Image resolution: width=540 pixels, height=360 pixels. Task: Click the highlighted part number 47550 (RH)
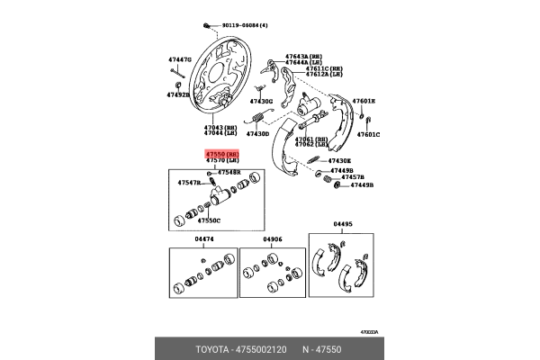[220, 154]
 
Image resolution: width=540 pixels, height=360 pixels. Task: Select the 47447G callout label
[180, 59]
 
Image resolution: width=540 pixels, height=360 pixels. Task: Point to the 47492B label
[178, 94]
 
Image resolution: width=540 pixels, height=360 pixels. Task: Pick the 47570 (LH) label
[220, 161]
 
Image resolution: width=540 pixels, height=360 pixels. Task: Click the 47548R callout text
[229, 171]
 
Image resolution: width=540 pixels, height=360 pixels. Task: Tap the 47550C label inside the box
[209, 220]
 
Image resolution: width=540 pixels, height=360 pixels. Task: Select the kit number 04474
[205, 239]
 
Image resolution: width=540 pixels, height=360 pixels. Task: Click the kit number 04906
[274, 239]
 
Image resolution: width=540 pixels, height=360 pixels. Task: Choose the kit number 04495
[344, 225]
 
